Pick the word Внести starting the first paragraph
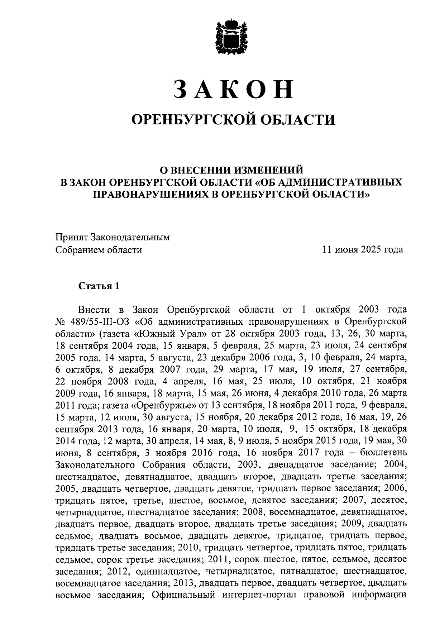click(x=93, y=310)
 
